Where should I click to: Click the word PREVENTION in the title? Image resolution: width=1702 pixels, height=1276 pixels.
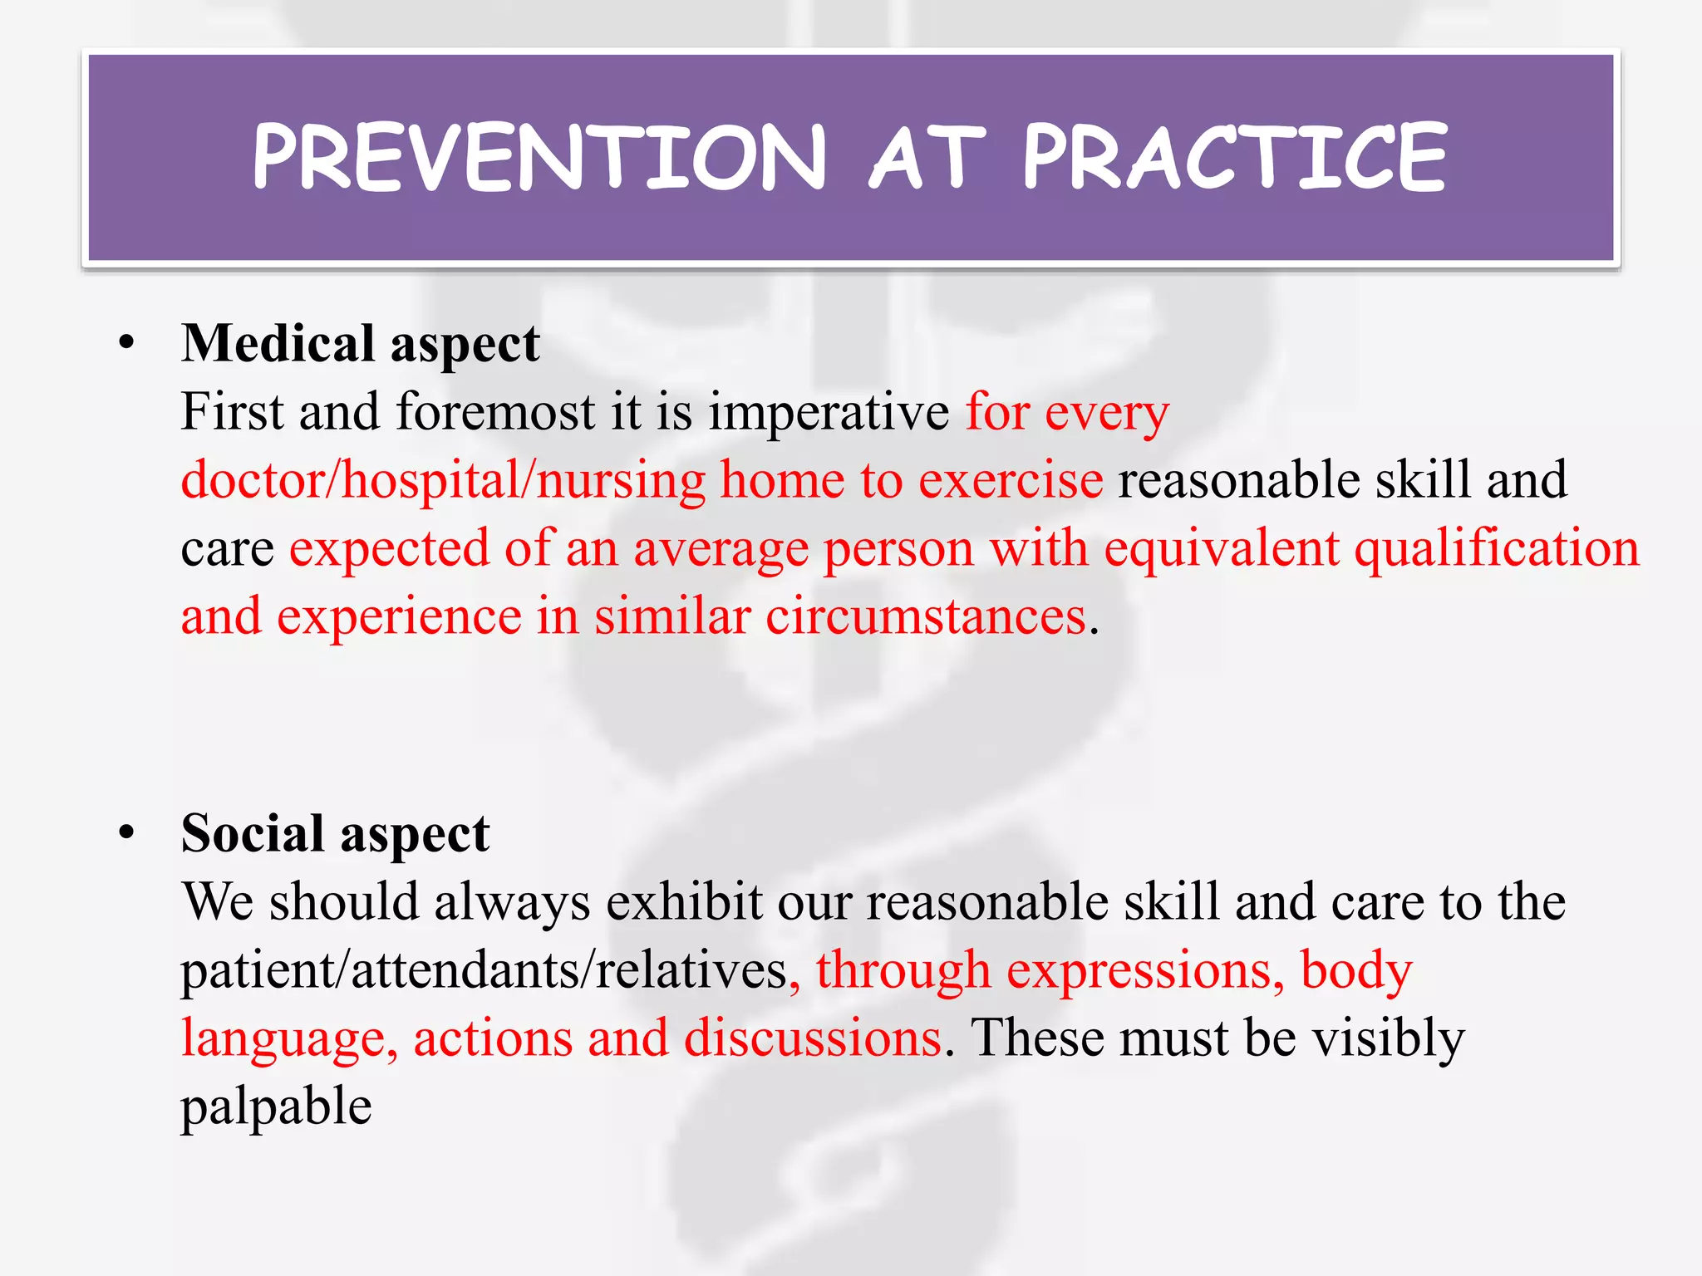pyautogui.click(x=539, y=158)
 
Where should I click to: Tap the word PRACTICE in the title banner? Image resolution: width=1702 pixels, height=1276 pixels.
pyautogui.click(x=1235, y=158)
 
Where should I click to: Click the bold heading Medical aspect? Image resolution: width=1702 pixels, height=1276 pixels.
pyautogui.click(x=360, y=344)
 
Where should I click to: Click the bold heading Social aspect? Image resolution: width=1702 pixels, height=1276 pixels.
pyautogui.click(x=335, y=834)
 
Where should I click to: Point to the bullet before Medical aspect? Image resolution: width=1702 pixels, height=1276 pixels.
pyautogui.click(x=126, y=344)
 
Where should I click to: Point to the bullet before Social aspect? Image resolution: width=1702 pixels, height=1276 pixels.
pyautogui.click(x=126, y=833)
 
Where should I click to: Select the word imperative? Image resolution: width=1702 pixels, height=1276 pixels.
pyautogui.click(x=828, y=413)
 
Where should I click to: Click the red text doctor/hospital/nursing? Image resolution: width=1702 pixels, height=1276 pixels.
pyautogui.click(x=443, y=481)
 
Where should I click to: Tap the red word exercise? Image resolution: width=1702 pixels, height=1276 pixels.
pyautogui.click(x=1011, y=481)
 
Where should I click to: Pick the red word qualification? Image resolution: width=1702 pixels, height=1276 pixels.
pyautogui.click(x=1497, y=550)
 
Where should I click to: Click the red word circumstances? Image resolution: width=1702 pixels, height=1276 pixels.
pyautogui.click(x=926, y=617)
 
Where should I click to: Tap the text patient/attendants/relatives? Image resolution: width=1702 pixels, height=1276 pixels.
pyautogui.click(x=484, y=971)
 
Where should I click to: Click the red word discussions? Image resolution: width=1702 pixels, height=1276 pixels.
pyautogui.click(x=813, y=1038)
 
